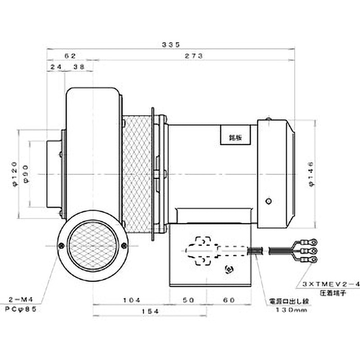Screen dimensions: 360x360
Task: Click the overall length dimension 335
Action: pos(171,45)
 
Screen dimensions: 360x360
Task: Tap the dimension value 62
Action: pos(70,56)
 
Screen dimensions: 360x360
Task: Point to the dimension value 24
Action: pos(56,67)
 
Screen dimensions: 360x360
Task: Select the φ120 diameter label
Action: pos(14,174)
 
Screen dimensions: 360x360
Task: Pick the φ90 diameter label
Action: pos(26,174)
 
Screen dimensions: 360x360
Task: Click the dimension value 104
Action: pos(131,300)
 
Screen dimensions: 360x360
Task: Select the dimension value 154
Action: pos(131,311)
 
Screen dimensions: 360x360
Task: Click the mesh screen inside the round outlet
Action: pos(92,246)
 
